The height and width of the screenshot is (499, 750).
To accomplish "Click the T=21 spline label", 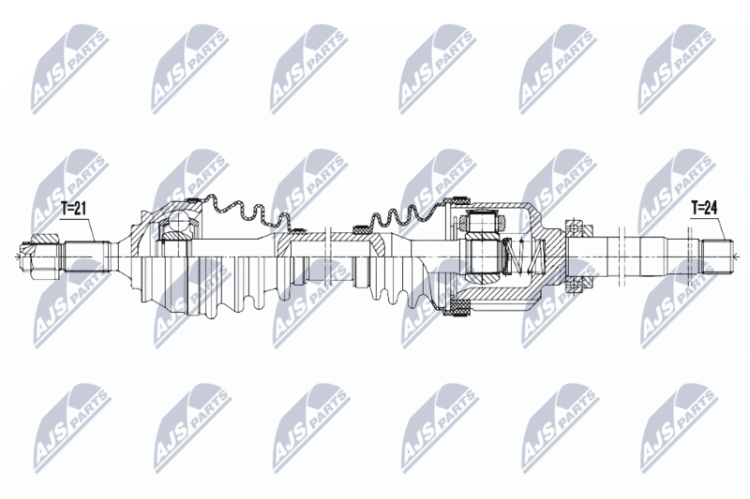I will click(73, 208).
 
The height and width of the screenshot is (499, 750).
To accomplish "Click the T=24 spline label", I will click(705, 208).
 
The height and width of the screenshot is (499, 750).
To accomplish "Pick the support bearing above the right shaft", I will click(576, 227).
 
